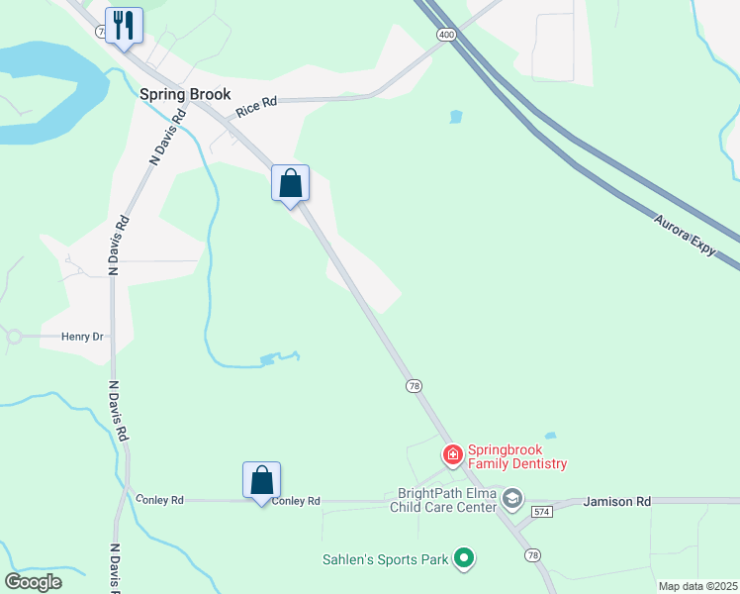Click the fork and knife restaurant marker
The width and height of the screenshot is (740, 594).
tap(124, 25)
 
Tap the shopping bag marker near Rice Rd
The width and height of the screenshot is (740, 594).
tap(290, 184)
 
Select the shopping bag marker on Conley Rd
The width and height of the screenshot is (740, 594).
tap(261, 480)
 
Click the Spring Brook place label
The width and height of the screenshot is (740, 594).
tap(185, 94)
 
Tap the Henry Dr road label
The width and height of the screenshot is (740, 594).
tap(82, 337)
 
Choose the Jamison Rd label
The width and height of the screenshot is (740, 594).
tap(616, 502)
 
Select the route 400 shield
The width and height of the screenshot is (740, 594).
tap(445, 35)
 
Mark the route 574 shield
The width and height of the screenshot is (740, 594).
tap(539, 511)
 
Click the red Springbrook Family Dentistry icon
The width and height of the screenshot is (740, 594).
tap(452, 455)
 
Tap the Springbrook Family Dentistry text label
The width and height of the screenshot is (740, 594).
tap(517, 456)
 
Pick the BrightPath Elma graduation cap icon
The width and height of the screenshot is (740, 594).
tap(511, 498)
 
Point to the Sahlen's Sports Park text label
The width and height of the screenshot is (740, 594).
tap(386, 559)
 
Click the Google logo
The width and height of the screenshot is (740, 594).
tap(34, 581)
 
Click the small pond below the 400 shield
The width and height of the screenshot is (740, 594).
tap(455, 117)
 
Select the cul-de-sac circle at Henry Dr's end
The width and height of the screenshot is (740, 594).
tap(14, 337)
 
